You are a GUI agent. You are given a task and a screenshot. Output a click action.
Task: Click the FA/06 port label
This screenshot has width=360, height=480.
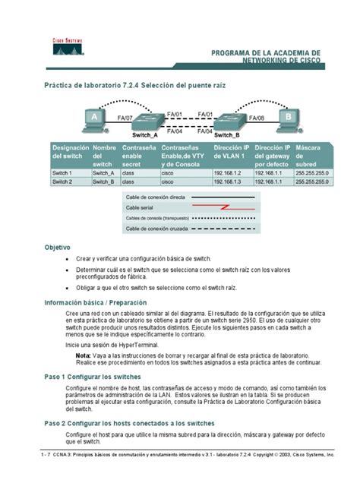(254, 118)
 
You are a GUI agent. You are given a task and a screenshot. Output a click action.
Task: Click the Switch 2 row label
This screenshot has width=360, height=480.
(62, 182)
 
